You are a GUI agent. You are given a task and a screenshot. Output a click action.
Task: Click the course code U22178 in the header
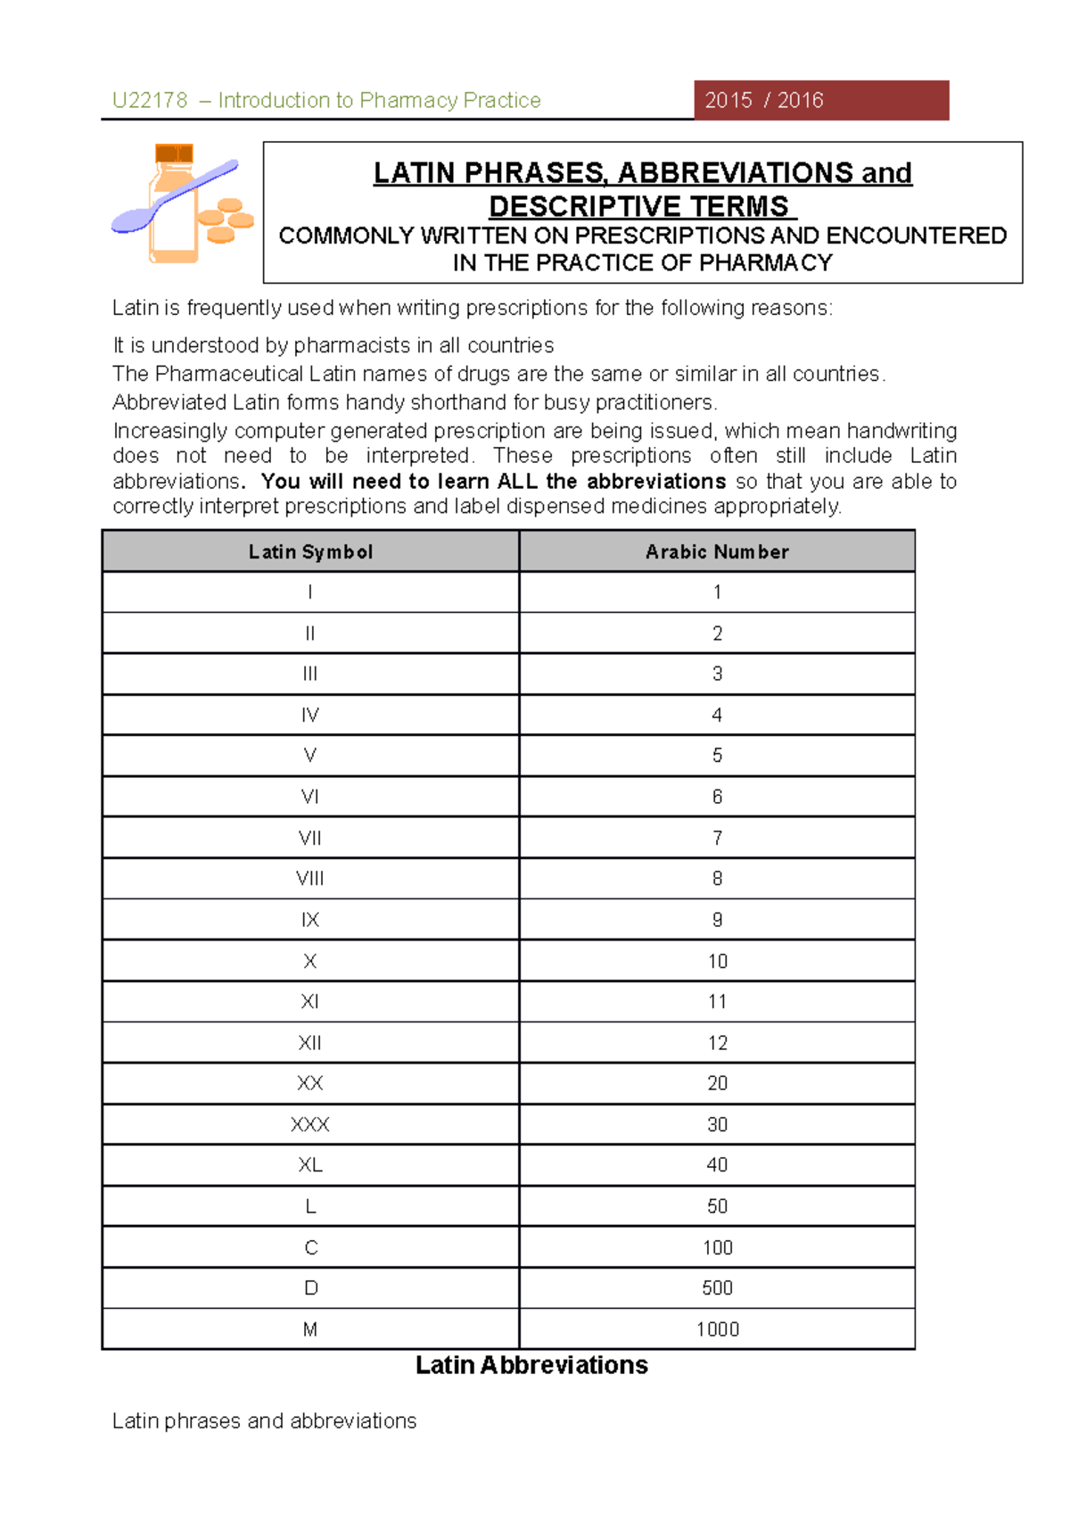click(x=150, y=100)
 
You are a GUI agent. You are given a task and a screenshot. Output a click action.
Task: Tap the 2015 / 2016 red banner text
click(x=763, y=100)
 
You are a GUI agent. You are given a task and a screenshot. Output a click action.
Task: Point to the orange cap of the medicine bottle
click(x=174, y=153)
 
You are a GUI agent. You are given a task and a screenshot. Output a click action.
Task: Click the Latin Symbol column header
click(x=310, y=551)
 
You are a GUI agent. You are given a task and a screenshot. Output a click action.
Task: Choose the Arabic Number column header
click(x=717, y=551)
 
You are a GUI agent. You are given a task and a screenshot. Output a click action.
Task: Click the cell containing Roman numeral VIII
click(x=310, y=879)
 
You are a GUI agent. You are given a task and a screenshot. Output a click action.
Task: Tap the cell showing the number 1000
click(x=717, y=1329)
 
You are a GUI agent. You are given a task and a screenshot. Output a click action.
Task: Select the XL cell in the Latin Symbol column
click(x=310, y=1165)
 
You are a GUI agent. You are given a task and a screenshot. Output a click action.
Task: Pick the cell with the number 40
click(x=717, y=1165)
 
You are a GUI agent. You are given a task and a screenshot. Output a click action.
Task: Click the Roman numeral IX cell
click(x=310, y=920)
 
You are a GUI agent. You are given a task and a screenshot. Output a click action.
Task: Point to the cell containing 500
click(x=717, y=1288)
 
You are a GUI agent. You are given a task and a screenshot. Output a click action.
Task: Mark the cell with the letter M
click(x=310, y=1329)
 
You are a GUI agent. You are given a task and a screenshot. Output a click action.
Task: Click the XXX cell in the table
click(x=310, y=1124)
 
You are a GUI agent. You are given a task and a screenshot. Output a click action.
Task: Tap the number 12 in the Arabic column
click(x=717, y=1043)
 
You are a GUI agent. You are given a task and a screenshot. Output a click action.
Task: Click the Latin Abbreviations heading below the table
click(x=531, y=1365)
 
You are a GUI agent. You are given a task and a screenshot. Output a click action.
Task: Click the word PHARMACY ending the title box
click(x=765, y=263)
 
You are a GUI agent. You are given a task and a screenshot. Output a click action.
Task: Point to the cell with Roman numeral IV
click(x=310, y=715)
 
